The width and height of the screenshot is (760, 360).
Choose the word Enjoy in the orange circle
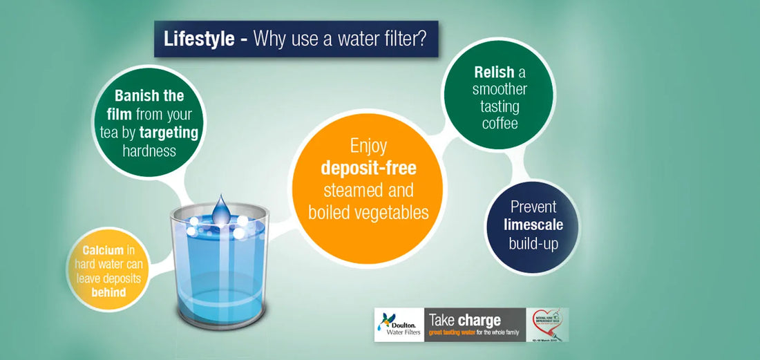368,146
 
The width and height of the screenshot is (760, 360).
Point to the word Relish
494,72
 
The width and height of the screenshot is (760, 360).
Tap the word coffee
500,124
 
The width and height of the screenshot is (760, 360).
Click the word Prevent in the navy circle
533,207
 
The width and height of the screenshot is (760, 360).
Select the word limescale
533,225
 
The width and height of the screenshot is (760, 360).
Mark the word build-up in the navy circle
533,243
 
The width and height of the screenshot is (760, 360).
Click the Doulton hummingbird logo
386,321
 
